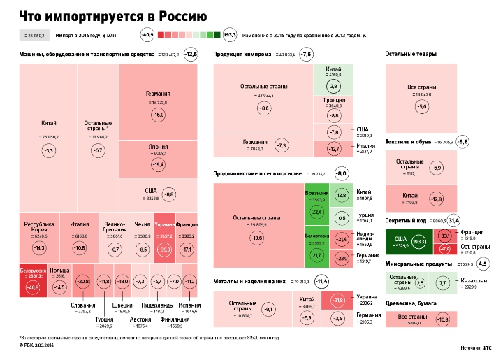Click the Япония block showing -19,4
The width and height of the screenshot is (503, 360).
(x=158, y=159)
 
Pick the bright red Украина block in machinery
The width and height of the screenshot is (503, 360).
(x=164, y=237)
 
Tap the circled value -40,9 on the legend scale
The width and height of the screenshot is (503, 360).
(x=148, y=34)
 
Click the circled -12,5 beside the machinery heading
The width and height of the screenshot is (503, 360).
(x=191, y=54)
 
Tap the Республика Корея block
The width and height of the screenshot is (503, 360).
(x=39, y=236)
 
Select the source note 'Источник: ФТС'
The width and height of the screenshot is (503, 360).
(x=477, y=347)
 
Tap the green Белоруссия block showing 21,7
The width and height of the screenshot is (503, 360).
(x=316, y=249)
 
